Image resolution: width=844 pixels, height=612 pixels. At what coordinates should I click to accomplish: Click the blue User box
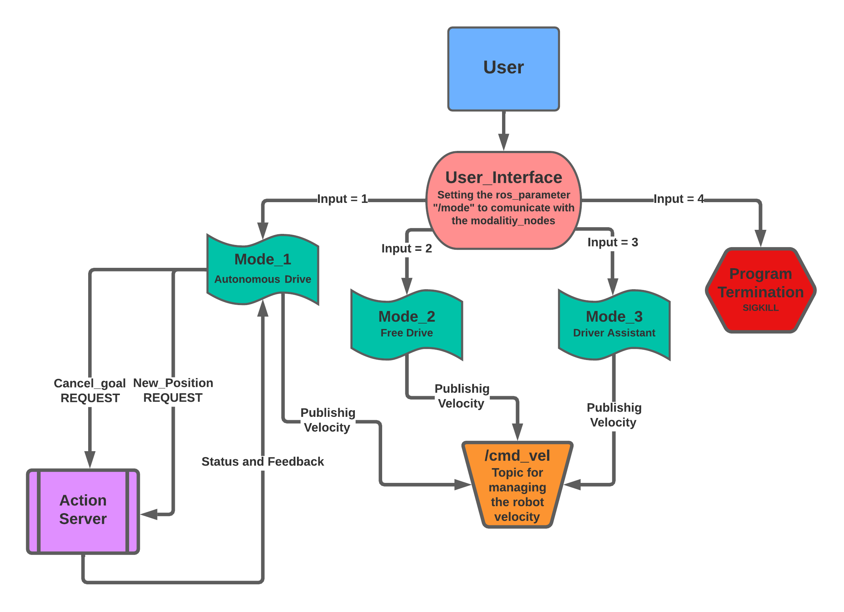503,69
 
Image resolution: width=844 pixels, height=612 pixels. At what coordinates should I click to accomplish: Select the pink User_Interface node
503,200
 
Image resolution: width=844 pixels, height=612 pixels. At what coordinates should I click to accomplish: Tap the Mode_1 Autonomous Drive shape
263,269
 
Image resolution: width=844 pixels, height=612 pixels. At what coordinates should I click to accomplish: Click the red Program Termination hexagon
760,290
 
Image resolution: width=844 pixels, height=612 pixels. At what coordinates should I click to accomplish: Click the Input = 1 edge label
342,199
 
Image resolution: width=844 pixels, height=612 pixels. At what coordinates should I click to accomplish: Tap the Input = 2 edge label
407,248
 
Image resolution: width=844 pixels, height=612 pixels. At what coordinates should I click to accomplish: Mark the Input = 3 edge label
613,242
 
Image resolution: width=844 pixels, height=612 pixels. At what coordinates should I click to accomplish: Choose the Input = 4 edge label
678,199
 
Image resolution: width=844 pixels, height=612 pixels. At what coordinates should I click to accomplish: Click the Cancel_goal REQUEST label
90,391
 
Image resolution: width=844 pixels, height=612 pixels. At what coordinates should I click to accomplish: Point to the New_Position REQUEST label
173,390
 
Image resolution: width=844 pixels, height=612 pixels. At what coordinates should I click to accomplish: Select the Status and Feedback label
263,461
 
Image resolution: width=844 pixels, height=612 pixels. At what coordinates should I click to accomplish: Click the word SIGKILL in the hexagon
760,308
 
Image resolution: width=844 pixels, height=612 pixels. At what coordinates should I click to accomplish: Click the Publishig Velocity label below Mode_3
614,415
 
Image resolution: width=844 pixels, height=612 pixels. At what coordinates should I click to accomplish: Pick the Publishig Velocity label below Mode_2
461,396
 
